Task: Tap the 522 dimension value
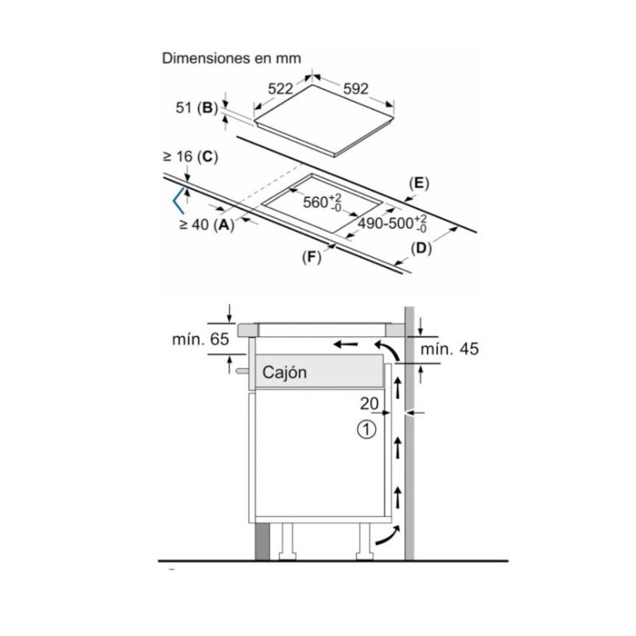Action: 281,89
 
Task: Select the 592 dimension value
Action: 355,89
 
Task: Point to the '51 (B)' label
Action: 195,109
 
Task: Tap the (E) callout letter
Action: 418,184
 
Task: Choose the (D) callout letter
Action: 421,249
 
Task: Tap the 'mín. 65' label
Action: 201,339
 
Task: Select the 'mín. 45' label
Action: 451,350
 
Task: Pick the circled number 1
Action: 366,430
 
